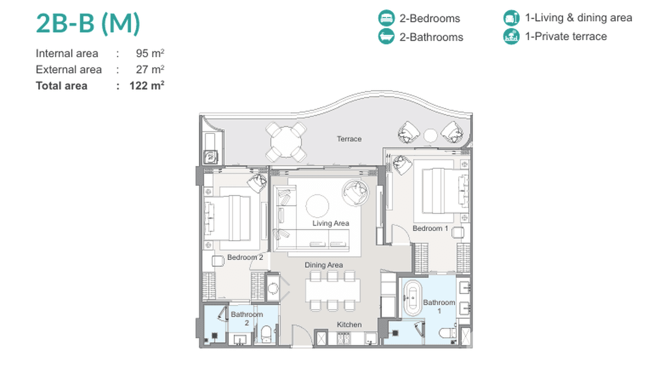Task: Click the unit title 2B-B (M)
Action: (x=88, y=24)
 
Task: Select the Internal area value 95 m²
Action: (x=150, y=54)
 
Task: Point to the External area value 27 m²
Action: (x=150, y=69)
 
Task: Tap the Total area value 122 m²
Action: (x=147, y=86)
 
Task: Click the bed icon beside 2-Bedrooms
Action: (x=386, y=18)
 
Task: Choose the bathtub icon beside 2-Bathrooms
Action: (x=386, y=37)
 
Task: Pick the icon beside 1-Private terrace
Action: (x=511, y=37)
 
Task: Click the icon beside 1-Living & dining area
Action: (x=511, y=18)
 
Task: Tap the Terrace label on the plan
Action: (x=349, y=139)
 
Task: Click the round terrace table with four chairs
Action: (x=286, y=142)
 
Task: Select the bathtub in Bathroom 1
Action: (x=413, y=298)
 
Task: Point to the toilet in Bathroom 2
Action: (x=266, y=334)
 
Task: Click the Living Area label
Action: (x=331, y=223)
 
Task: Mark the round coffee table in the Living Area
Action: (x=317, y=205)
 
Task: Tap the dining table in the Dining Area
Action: (x=333, y=290)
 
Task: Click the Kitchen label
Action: (x=349, y=325)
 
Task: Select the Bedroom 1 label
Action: (x=430, y=229)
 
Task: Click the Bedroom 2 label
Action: (x=245, y=257)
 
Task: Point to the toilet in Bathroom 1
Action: (x=447, y=333)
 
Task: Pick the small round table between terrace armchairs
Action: (x=430, y=136)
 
